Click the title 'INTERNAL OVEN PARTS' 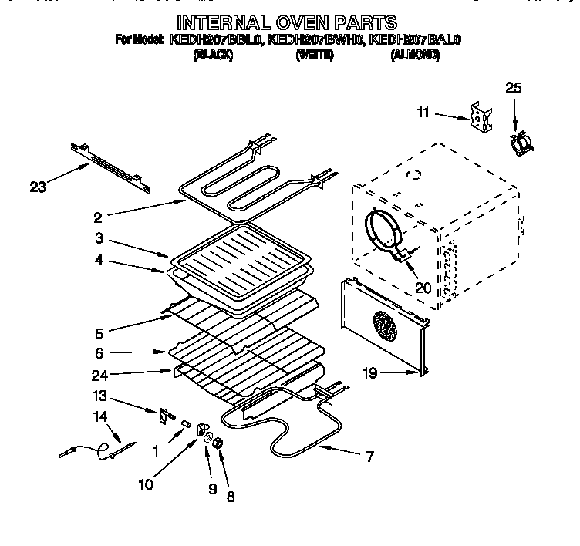pos(287,22)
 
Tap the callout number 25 pos(513,87)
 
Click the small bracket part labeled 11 pos(479,116)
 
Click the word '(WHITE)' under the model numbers pos(314,55)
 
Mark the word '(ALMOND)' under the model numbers pos(415,55)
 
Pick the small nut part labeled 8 pos(218,443)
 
